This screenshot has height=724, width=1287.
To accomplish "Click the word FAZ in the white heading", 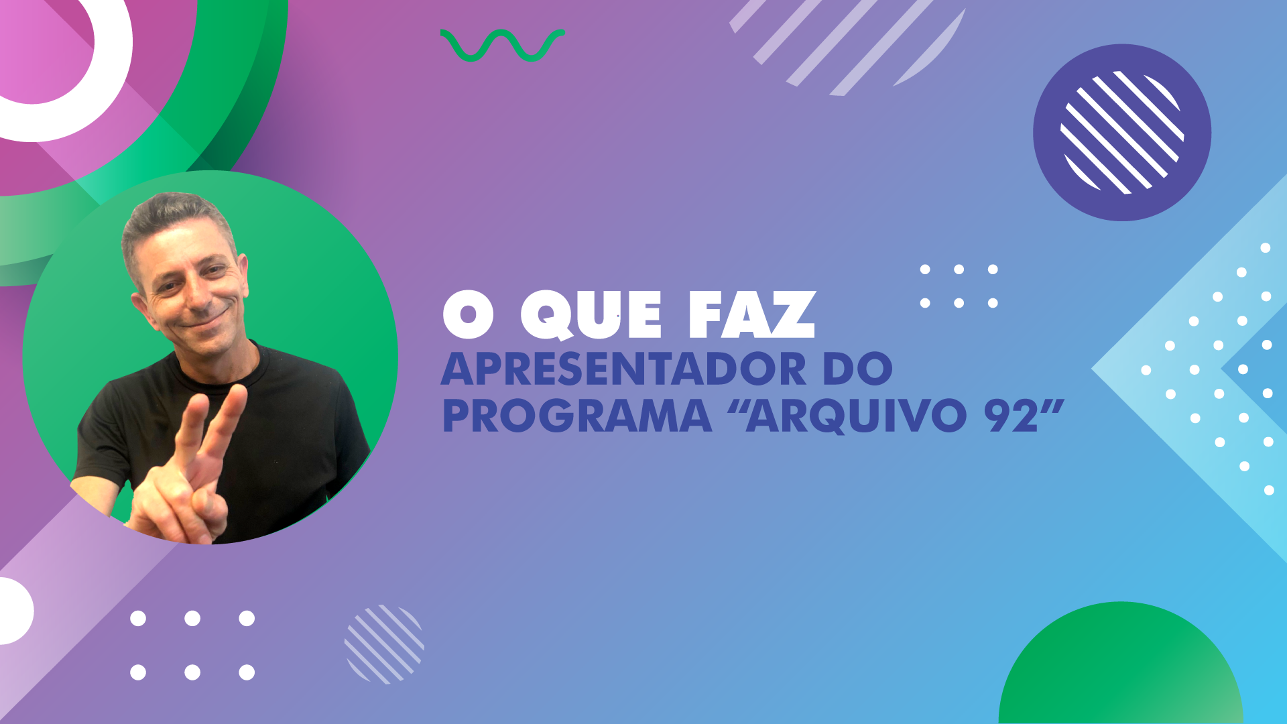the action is click(752, 314).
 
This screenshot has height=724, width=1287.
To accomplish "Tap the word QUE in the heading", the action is click(592, 315).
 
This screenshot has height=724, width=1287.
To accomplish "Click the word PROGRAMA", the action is click(577, 416).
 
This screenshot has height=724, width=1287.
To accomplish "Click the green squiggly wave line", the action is click(502, 46).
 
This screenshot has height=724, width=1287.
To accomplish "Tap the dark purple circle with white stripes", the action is click(1122, 133).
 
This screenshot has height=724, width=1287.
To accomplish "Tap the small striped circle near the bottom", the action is click(384, 644).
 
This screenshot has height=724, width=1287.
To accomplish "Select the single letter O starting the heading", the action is click(469, 315).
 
